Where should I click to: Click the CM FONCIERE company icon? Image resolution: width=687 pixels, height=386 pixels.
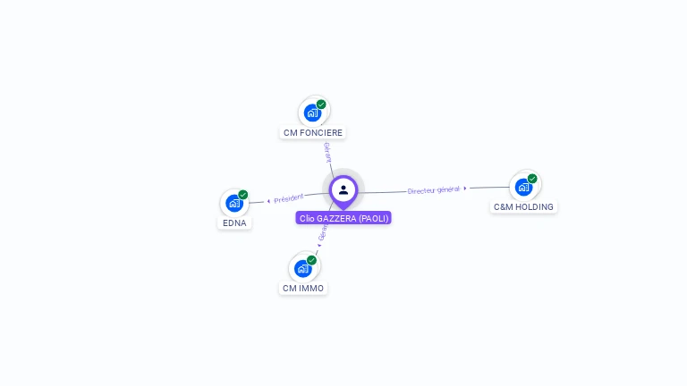coord(312,113)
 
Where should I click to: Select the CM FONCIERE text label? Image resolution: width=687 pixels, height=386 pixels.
coord(313,133)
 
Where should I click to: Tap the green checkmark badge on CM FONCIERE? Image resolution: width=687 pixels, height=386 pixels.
coord(321,105)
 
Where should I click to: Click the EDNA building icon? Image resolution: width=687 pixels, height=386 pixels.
coord(234,203)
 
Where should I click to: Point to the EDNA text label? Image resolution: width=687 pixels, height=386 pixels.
coord(234,222)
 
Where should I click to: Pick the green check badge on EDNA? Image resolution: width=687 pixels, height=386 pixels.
coord(243,195)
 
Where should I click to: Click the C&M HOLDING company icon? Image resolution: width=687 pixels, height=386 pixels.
coord(523,187)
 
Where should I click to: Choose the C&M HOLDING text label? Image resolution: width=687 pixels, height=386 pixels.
coord(524,207)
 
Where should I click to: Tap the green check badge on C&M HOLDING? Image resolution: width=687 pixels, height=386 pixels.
coord(532,179)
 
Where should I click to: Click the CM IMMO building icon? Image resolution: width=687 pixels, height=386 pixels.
coord(303,268)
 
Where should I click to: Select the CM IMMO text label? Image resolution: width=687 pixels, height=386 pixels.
coord(303,289)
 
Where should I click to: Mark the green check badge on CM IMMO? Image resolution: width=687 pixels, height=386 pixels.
coord(312,260)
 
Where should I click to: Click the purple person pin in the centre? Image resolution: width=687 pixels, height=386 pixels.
coord(343,189)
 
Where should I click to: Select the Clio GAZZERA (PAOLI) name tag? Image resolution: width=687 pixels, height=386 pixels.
coord(343,218)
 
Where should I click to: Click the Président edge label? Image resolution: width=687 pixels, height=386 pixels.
coord(289,197)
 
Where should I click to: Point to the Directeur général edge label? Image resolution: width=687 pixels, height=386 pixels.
coord(433,189)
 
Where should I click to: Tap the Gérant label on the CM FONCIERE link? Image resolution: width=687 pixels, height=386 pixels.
coord(327,152)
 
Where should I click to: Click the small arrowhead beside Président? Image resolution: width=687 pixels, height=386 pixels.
coord(268,201)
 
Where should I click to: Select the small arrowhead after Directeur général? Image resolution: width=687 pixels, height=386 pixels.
coord(465,188)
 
